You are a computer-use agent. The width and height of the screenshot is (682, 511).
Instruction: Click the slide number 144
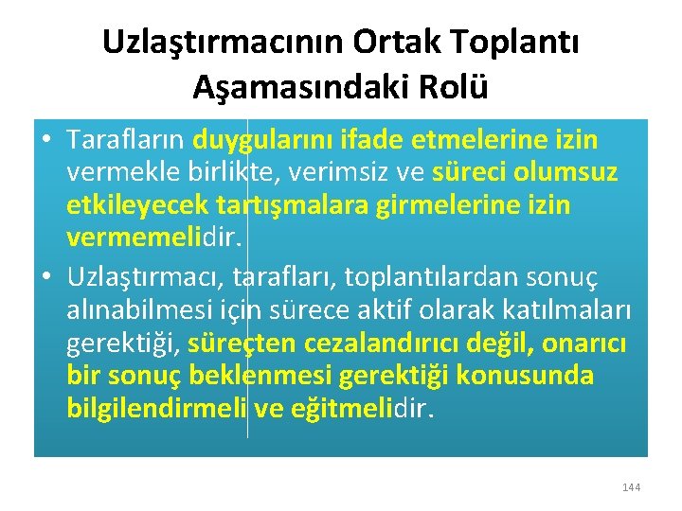click(631, 487)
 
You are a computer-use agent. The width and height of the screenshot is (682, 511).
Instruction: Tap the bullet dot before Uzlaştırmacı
click(47, 275)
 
